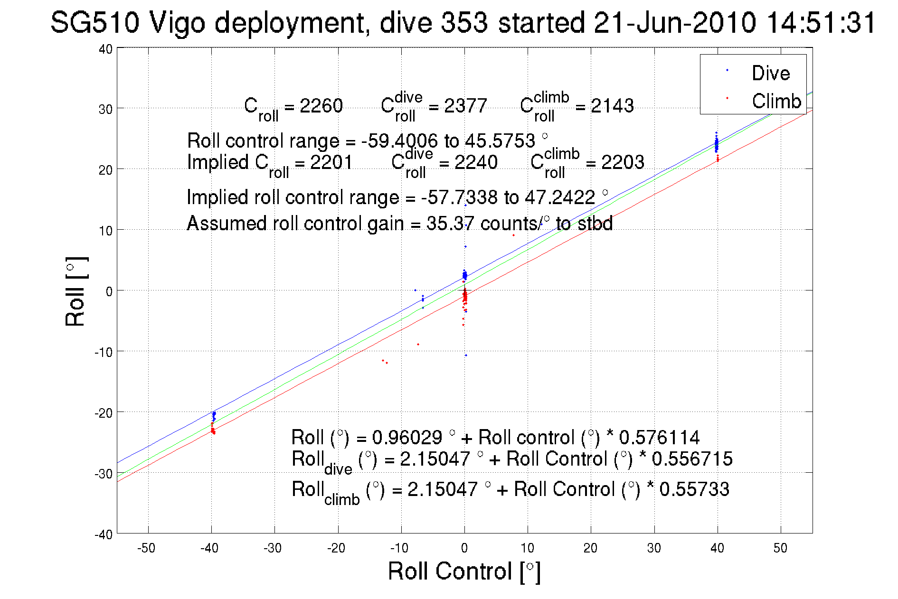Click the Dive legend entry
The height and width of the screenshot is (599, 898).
click(770, 73)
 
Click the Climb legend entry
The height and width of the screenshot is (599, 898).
click(776, 101)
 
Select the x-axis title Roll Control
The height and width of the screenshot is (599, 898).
click(464, 571)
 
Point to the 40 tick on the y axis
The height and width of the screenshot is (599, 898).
click(105, 49)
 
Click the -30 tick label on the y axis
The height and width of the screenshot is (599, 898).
click(103, 474)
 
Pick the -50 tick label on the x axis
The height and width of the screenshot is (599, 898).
click(146, 548)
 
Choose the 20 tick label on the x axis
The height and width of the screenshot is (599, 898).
click(590, 548)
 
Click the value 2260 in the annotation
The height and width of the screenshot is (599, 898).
click(321, 106)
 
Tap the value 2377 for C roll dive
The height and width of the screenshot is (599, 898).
click(465, 106)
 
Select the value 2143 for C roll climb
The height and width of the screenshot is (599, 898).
click(612, 106)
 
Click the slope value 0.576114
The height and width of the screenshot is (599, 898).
click(659, 437)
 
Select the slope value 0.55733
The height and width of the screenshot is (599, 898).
click(694, 489)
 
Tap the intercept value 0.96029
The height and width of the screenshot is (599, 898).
click(407, 437)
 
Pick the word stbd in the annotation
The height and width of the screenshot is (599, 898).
click(595, 223)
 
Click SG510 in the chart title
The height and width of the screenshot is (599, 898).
click(95, 22)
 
